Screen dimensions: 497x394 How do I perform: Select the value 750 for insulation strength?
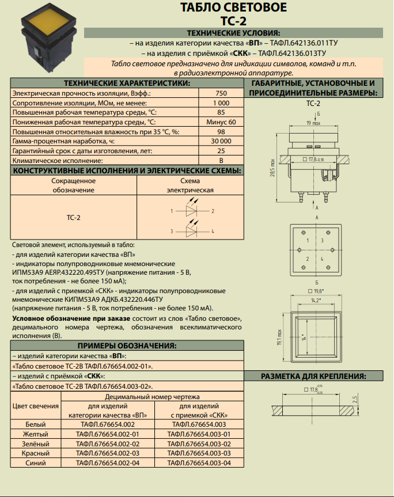point(221,93)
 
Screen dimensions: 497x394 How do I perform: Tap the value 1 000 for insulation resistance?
point(221,103)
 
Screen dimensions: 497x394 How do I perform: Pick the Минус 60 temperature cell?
point(221,122)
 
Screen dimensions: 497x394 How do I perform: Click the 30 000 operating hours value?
point(221,141)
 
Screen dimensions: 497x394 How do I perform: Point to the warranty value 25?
point(221,151)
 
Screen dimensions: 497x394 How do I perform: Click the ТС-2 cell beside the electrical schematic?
point(73,218)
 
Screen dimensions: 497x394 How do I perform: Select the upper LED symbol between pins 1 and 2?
point(192,211)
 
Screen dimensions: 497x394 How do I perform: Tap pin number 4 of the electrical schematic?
point(213,231)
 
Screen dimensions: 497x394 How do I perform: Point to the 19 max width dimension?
point(312,123)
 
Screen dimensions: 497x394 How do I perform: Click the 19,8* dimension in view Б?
point(318,291)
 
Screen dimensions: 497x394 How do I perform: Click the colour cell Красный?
point(35,453)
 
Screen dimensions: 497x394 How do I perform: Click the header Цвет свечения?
point(35,407)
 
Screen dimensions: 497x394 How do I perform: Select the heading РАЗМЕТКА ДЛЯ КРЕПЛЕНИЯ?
point(314,376)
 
